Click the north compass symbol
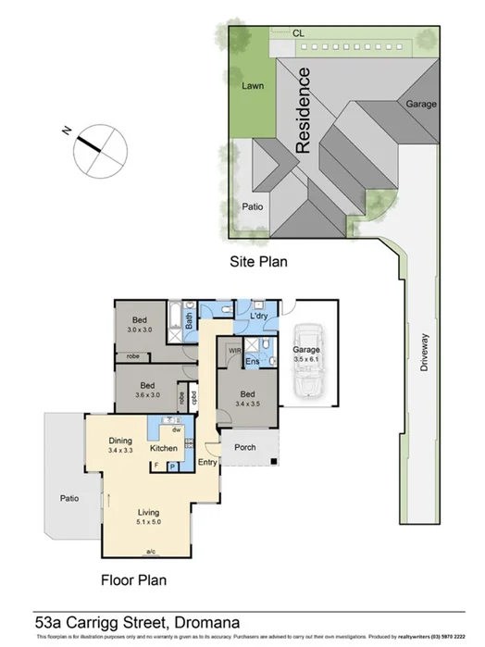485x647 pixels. coord(97,148)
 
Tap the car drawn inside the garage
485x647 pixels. coord(307,358)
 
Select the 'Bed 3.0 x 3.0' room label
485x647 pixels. coord(141,323)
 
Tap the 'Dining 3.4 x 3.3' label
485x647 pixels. coord(121,445)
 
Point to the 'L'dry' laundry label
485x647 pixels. coord(259,317)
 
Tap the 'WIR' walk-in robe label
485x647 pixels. coord(234,351)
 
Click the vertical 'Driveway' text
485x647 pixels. coord(425,352)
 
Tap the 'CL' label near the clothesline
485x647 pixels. coord(297,33)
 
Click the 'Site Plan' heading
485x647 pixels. coord(258,262)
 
